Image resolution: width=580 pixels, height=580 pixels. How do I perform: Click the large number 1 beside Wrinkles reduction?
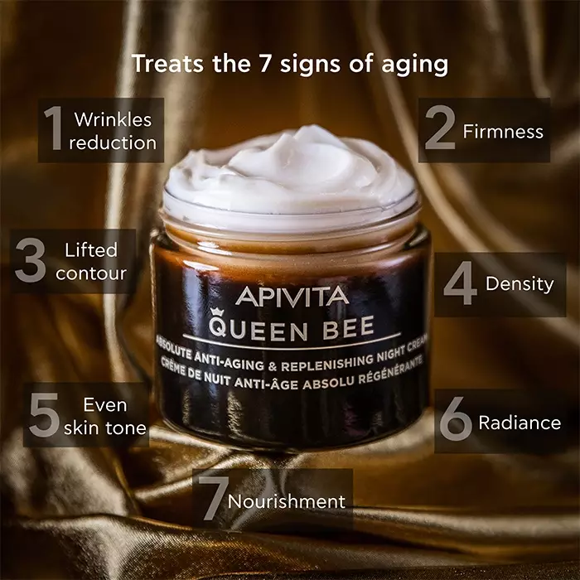(55, 130)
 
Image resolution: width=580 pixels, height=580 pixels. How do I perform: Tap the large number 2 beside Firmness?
(440, 130)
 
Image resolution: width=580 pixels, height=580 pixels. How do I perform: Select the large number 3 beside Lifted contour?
(31, 261)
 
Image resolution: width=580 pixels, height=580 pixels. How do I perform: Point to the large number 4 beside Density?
(460, 284)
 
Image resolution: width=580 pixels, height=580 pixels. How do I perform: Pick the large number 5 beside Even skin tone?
(42, 417)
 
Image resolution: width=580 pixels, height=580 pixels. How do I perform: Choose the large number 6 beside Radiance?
(455, 422)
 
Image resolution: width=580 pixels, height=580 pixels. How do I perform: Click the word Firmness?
(503, 131)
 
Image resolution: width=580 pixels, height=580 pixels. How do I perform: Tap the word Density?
(520, 284)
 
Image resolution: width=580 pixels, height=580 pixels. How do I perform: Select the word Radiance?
(520, 423)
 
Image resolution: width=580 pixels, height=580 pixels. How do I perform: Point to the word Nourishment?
(287, 501)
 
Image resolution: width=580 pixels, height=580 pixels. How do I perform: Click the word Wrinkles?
(113, 119)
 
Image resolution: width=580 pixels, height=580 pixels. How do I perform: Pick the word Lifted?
(91, 249)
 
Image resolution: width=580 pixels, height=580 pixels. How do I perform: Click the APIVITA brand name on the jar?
(291, 295)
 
